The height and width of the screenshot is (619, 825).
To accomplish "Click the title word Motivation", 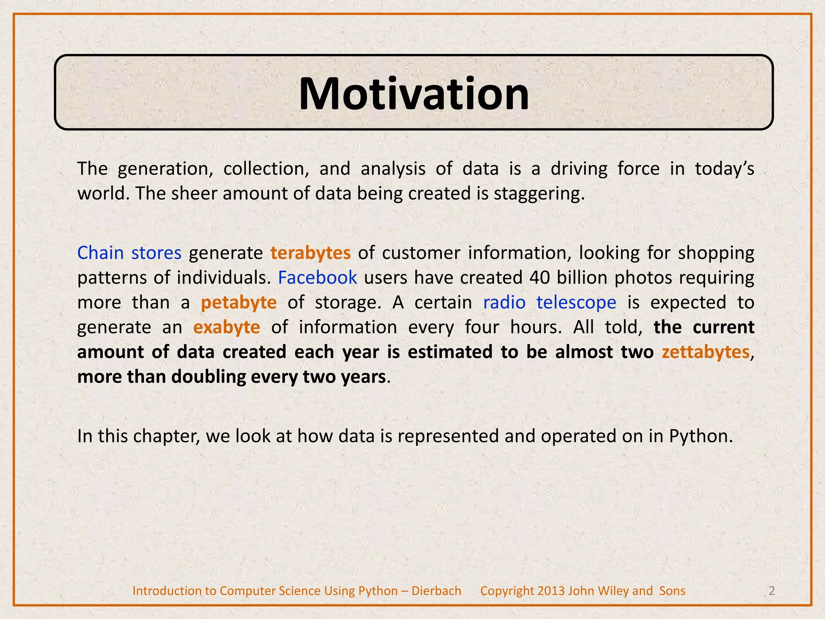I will tap(414, 94).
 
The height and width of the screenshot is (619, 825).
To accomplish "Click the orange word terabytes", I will tap(310, 253).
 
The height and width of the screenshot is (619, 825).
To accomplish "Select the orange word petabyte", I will tap(238, 303).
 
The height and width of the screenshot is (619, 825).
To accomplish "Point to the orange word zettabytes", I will tap(705, 352).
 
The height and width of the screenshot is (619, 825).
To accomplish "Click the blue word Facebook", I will tap(317, 278).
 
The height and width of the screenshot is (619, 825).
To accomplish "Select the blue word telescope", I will tap(576, 302).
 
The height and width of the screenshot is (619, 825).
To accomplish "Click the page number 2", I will tap(771, 591).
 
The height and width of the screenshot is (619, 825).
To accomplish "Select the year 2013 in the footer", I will tap(551, 591).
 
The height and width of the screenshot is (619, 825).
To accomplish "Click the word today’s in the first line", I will tap(724, 169).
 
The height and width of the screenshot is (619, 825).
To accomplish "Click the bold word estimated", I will tap(450, 352).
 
